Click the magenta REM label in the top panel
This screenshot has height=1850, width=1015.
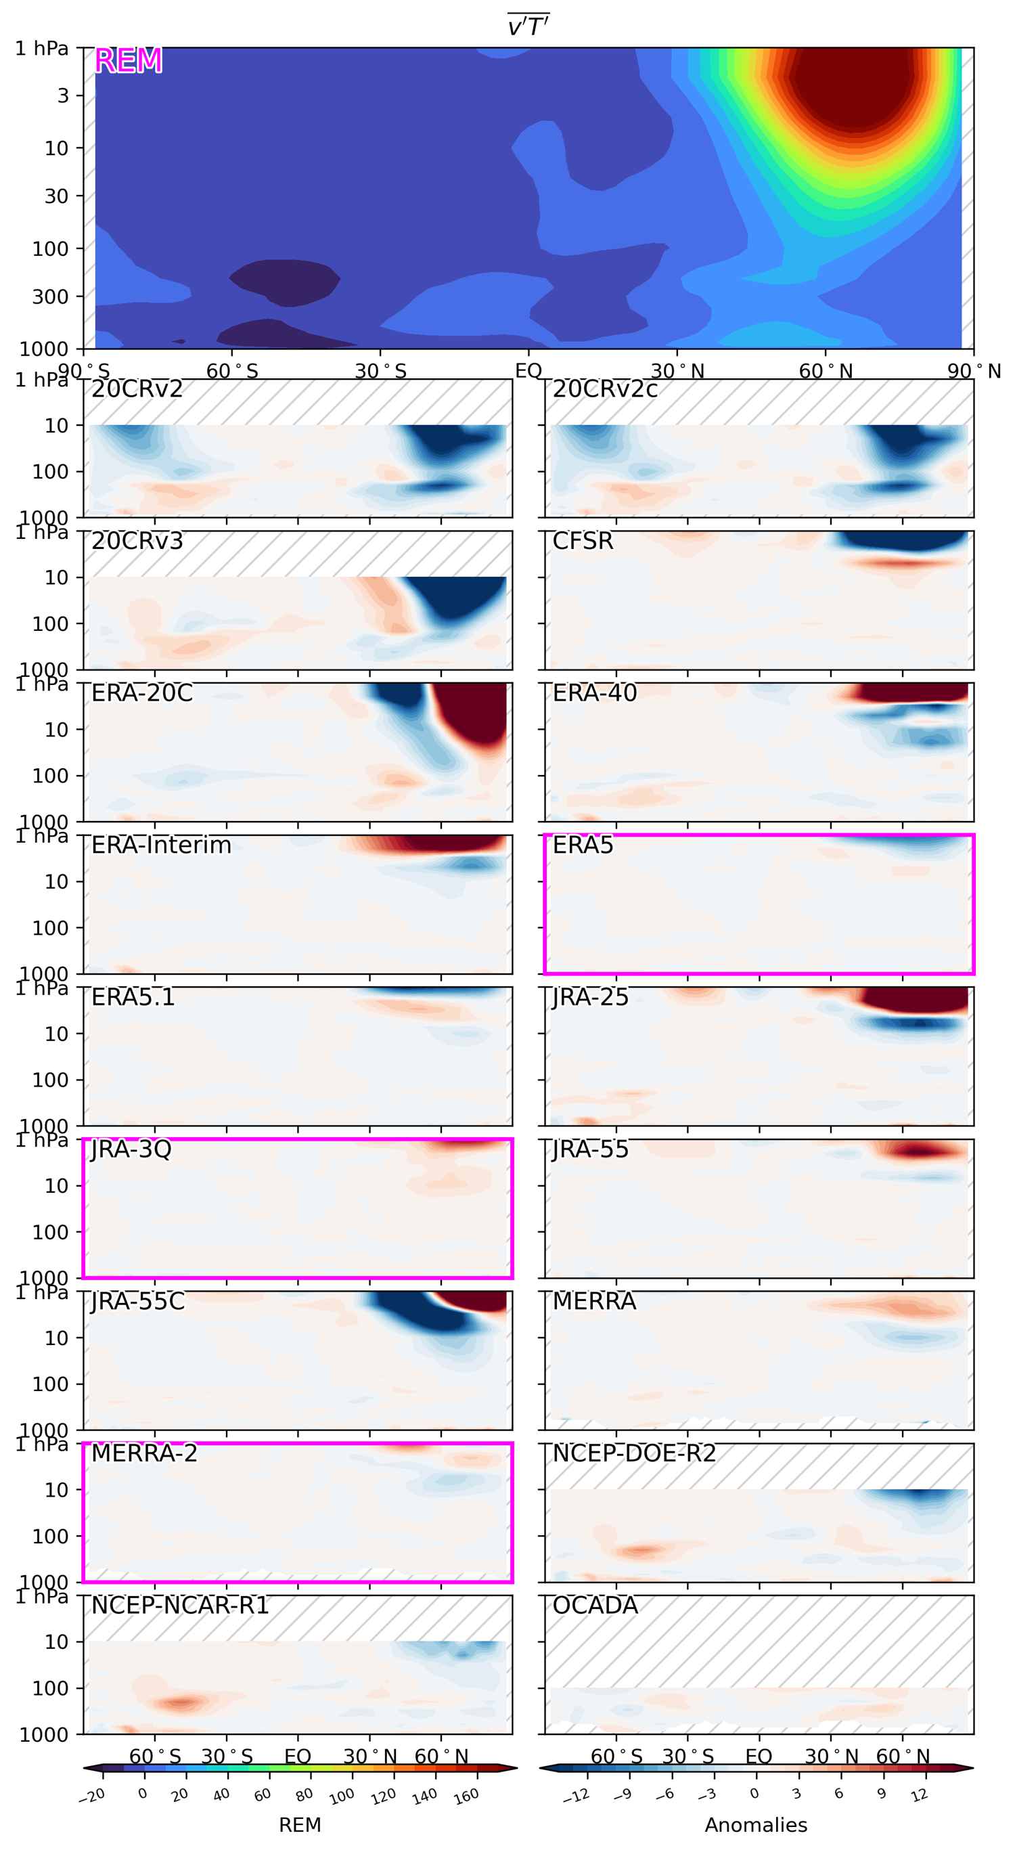point(128,60)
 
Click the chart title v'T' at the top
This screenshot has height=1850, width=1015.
point(528,26)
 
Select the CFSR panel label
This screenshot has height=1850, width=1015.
point(582,541)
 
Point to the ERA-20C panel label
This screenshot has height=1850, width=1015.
point(141,693)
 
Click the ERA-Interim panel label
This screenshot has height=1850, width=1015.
point(161,845)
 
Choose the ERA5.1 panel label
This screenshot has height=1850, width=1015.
point(133,998)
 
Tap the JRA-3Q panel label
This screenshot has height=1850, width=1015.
point(131,1149)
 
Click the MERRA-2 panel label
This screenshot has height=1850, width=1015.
point(143,1453)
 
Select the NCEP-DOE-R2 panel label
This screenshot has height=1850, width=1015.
point(634,1453)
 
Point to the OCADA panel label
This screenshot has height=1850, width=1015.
point(594,1605)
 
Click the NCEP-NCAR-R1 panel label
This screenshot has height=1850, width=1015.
point(179,1605)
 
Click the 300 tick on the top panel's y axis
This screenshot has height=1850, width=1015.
point(49,296)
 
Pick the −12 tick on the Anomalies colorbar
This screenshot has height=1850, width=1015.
point(576,1796)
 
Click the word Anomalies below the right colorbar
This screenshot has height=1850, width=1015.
point(756,1825)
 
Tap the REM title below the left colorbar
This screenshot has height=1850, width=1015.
point(299,1825)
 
